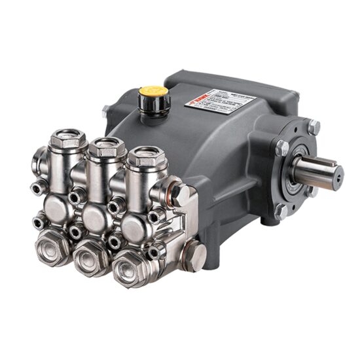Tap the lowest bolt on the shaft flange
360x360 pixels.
(282, 211)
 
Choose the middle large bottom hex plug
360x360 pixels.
(92, 257)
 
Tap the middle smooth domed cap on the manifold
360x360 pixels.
(96, 217)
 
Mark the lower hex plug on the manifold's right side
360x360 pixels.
(193, 254)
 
